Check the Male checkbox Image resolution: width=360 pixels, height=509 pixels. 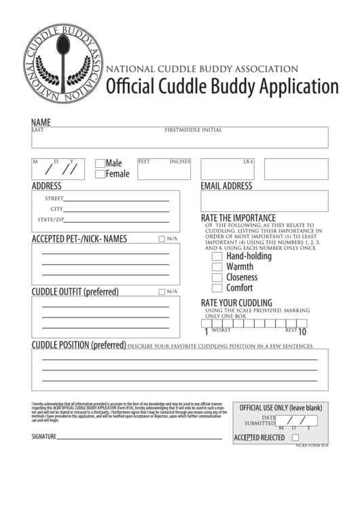(x=100, y=163)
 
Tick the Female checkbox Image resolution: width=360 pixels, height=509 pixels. (x=100, y=174)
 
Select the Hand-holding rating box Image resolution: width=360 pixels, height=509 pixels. (x=217, y=257)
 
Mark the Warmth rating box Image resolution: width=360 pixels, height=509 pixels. (x=217, y=267)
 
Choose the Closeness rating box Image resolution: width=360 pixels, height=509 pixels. (x=217, y=277)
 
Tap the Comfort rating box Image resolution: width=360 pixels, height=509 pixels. (x=217, y=287)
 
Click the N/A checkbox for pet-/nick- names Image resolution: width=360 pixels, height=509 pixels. (x=162, y=239)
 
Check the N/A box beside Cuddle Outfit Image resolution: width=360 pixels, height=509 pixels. (x=162, y=292)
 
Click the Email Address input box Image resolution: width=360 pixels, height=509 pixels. (x=264, y=201)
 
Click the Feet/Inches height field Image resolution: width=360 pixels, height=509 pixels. (x=164, y=170)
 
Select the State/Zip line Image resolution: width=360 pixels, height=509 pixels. (x=117, y=221)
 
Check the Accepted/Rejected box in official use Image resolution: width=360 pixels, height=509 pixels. (x=295, y=438)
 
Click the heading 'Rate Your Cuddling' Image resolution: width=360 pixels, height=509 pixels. (x=236, y=302)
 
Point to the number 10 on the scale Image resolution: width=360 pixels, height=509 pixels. (x=302, y=332)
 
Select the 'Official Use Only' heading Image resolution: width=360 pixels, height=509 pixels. (x=280, y=408)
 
